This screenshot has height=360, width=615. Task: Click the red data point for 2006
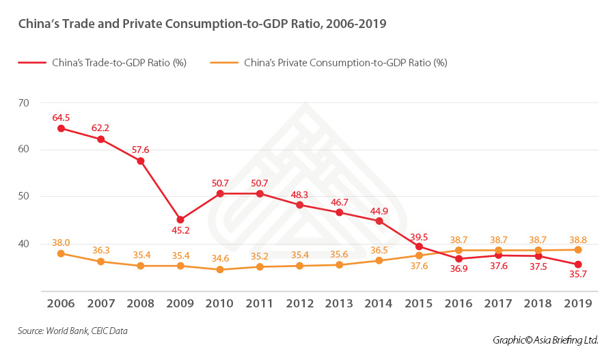pos(61,128)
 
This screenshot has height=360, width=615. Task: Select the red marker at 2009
pos(180,220)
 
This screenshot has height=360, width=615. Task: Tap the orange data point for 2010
pos(220,269)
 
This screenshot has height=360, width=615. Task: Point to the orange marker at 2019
pos(578,250)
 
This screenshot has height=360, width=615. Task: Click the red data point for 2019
pos(578,264)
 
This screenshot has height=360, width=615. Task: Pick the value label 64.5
pos(61,117)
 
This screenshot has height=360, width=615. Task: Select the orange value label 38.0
pos(61,243)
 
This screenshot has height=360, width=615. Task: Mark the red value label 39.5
pos(419,236)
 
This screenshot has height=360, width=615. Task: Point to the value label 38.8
pos(578,239)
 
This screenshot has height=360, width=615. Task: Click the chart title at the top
pos(202,24)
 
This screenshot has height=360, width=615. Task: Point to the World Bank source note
pos(73,331)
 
